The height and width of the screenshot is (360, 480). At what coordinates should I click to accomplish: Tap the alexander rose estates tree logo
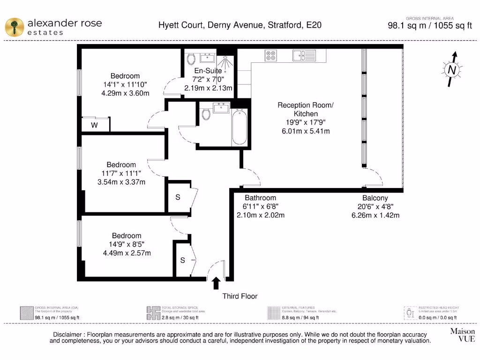[15, 26]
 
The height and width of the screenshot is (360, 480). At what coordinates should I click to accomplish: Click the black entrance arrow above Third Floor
[216, 283]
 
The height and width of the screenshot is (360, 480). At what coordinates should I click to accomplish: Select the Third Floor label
[240, 296]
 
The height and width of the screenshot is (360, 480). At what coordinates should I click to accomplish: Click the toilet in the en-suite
[191, 60]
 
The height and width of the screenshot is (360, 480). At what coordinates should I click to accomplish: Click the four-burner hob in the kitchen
[271, 56]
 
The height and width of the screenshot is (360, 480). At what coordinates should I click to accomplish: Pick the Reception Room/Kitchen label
[305, 110]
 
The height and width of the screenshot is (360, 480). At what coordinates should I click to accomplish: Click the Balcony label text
[375, 198]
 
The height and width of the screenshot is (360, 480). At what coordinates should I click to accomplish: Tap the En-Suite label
[208, 71]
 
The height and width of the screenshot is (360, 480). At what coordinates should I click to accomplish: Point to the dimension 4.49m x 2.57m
[127, 253]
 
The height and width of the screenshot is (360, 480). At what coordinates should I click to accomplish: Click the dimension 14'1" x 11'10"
[125, 84]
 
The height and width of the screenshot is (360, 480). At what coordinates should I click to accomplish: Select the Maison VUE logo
[462, 335]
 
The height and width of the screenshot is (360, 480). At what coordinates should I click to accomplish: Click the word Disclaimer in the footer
[68, 334]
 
